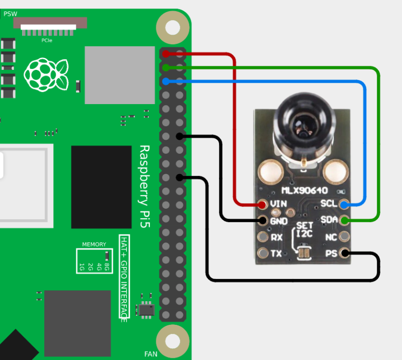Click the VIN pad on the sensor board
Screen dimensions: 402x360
click(x=262, y=205)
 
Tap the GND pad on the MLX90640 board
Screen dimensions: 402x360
click(x=263, y=220)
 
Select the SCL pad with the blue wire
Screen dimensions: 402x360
click(x=344, y=205)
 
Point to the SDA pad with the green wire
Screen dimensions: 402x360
click(x=344, y=220)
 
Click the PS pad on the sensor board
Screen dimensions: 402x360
click(x=345, y=253)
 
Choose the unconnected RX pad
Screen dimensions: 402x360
click(x=263, y=237)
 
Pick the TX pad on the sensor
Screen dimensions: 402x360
click(x=263, y=253)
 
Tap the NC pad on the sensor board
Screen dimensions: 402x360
click(x=345, y=236)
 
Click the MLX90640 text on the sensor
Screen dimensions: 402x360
click(x=305, y=191)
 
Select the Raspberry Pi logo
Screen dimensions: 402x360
click(x=46, y=75)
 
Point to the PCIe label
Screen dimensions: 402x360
click(x=47, y=40)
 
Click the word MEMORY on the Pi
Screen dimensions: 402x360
click(x=94, y=244)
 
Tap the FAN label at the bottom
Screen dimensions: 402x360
click(x=151, y=354)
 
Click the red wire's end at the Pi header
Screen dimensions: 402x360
click(x=166, y=54)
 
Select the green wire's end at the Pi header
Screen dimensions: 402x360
click(x=166, y=68)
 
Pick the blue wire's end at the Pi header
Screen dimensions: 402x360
click(x=166, y=81)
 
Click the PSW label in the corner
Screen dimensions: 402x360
click(x=10, y=14)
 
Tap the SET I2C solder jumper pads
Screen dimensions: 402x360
click(x=304, y=253)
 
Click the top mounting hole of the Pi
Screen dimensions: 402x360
click(x=172, y=27)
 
